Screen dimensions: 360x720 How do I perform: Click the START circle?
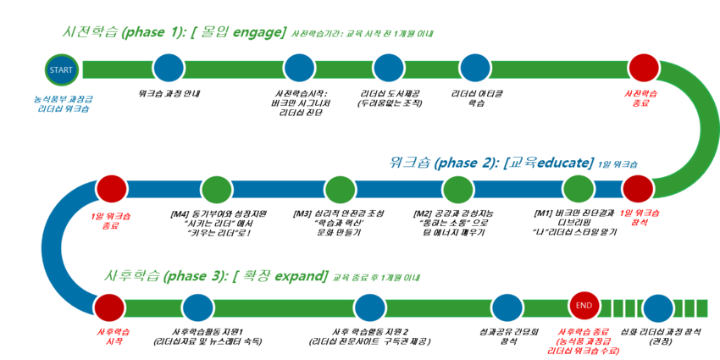tap(61, 69)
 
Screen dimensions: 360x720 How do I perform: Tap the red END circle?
tap(584, 305)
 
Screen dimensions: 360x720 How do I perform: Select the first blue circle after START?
tap(169, 68)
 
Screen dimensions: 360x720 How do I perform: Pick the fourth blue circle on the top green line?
tap(475, 68)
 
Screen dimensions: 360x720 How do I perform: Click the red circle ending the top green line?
tap(644, 67)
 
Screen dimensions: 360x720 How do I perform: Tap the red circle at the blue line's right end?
tap(638, 189)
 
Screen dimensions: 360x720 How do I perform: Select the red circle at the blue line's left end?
tap(111, 189)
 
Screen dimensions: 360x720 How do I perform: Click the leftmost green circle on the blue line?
tap(217, 190)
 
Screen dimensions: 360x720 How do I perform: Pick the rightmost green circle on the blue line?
tap(579, 189)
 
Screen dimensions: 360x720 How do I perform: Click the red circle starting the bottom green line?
tap(109, 307)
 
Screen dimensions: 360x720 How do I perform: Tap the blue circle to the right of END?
tap(658, 308)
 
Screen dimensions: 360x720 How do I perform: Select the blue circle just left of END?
tap(507, 307)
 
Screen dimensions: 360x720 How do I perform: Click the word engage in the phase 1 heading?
tap(258, 33)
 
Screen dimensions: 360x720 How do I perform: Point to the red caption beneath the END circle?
tap(584, 340)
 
